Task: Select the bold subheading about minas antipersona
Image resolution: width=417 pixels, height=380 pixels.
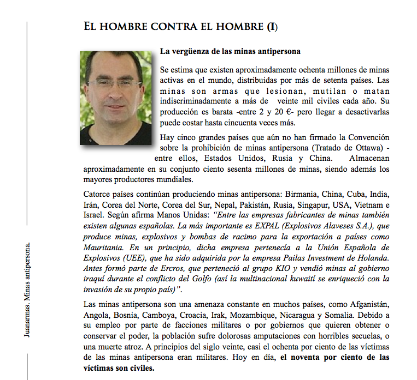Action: [230, 52]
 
